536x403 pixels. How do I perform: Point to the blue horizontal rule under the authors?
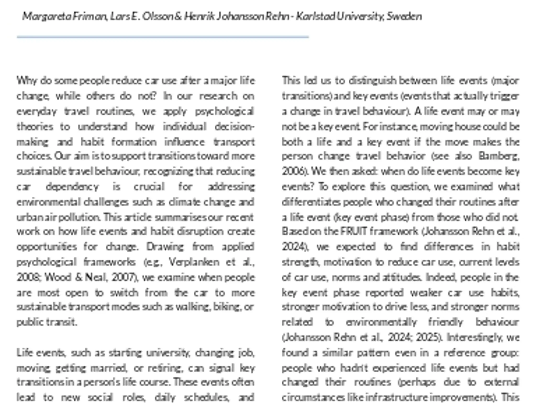pyautogui.click(x=162, y=37)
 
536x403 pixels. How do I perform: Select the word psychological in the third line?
pyautogui.click(x=225, y=111)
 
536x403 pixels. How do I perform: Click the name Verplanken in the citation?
pyautogui.click(x=194, y=262)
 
